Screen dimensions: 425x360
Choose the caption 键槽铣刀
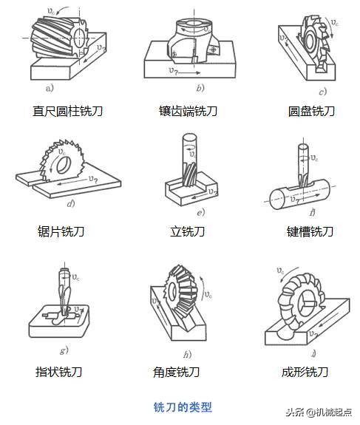(311, 231)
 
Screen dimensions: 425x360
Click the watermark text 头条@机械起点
(319, 412)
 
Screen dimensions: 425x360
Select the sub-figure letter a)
(50, 89)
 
